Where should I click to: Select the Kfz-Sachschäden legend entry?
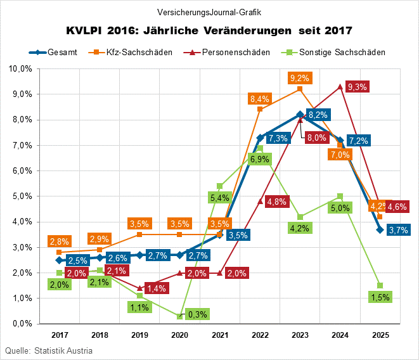coord(132,52)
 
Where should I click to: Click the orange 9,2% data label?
coord(299,78)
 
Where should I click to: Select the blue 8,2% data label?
coord(317,115)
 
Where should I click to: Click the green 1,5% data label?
coord(379,297)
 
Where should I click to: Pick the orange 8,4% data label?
coord(260,98)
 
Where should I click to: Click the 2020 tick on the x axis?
coord(179,334)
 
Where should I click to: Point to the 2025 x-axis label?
coord(380,334)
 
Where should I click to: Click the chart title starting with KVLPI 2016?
coord(209,30)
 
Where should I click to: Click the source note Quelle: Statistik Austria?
coord(49,350)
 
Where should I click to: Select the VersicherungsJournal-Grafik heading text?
coord(209,12)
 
